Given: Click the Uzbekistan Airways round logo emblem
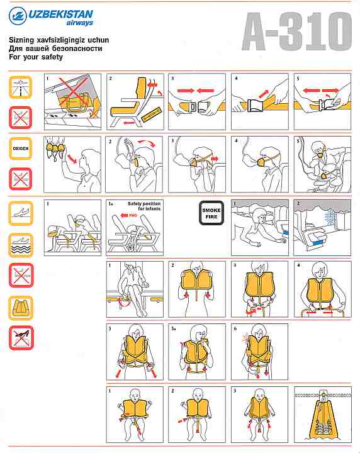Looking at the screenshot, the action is click(x=18, y=16).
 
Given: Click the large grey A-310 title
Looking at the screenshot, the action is click(x=296, y=32).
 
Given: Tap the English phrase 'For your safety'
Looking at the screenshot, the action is click(x=36, y=57).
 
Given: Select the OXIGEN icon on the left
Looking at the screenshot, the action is click(x=21, y=148).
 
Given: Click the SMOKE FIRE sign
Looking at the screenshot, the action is click(x=211, y=213).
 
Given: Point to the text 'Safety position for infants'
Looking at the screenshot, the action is click(x=144, y=206).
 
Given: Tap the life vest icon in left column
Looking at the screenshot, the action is click(x=21, y=308).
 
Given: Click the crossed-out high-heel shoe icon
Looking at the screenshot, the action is click(x=21, y=338).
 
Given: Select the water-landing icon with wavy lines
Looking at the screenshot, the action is click(x=21, y=245).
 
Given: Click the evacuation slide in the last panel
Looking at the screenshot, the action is click(x=323, y=418).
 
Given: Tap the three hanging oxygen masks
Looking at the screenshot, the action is click(x=55, y=147).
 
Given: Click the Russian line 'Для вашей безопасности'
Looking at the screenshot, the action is click(x=55, y=48).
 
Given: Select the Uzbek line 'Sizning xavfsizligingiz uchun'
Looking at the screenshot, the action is click(x=59, y=40).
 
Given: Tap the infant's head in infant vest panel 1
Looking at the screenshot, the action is click(x=135, y=394).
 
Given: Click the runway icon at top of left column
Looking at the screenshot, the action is click(x=21, y=87).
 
